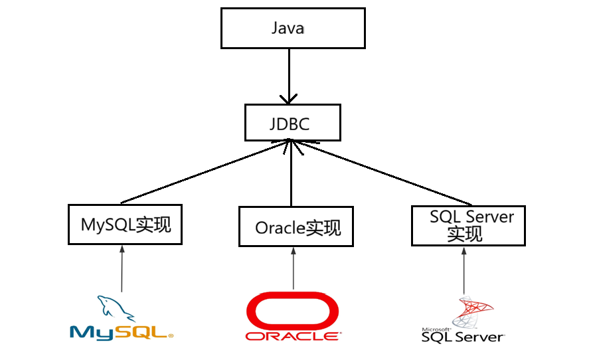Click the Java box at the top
coord(292,28)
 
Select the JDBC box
coord(292,123)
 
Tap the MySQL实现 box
coord(126,225)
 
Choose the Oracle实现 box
coord(295,227)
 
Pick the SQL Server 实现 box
coord(467,225)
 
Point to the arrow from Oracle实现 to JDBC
coord(291,176)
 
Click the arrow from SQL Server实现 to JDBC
coord(385,174)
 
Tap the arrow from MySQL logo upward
coord(122,269)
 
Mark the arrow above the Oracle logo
coord(293,269)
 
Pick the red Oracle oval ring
coord(292,311)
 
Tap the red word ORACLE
coord(292,336)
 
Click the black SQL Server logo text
coord(463,337)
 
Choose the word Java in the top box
coord(288,28)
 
